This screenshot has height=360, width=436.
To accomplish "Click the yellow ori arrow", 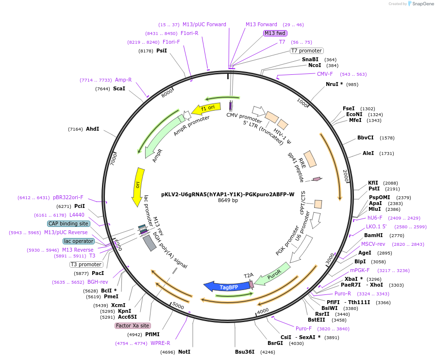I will click(x=138, y=186).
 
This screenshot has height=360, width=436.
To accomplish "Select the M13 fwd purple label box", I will click(x=275, y=33).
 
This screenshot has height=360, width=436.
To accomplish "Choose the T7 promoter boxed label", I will click(x=306, y=51).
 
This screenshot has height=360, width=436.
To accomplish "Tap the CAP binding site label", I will click(x=68, y=223).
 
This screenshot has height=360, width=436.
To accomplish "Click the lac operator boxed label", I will click(x=79, y=241).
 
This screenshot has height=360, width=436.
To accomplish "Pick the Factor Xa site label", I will click(x=133, y=326).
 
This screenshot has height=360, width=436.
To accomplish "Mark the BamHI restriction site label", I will click(x=373, y=235).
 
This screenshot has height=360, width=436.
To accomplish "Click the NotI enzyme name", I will click(x=184, y=352).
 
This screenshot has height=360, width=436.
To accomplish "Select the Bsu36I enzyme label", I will click(x=245, y=352).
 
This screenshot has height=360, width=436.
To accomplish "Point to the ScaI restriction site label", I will click(x=119, y=88).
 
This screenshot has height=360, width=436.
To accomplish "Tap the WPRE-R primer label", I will click(x=160, y=343).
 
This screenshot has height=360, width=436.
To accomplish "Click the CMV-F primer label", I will click(x=325, y=74).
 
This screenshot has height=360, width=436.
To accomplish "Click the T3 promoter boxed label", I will click(x=86, y=264).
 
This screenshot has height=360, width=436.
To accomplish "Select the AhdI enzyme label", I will click(x=92, y=129).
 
